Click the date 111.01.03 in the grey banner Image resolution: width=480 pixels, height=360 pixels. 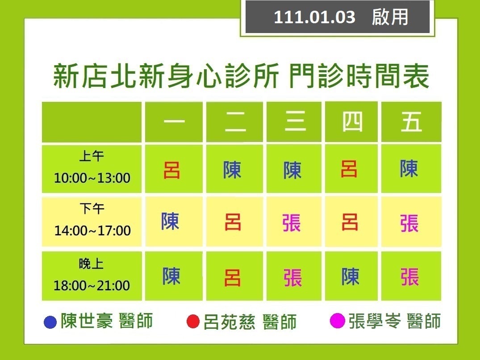[x=314, y=17]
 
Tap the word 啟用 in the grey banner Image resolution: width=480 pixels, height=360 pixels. [x=390, y=17]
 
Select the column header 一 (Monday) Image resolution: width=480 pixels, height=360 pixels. [x=174, y=121]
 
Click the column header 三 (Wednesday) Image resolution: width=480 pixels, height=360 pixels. [x=296, y=121]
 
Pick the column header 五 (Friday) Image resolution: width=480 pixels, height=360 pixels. [x=411, y=121]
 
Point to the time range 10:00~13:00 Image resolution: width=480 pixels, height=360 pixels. [x=92, y=178]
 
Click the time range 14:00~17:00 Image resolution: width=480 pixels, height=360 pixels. [x=92, y=230]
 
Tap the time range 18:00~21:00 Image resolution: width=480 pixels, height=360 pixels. [x=92, y=285]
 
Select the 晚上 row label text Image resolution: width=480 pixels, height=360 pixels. [x=91, y=264]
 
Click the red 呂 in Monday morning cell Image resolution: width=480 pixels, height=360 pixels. [x=172, y=170]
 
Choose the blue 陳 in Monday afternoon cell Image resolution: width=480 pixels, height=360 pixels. [x=170, y=221]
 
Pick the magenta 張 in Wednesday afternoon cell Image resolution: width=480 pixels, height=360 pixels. [x=292, y=223]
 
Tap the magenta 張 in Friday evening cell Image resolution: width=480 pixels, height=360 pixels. [x=409, y=277]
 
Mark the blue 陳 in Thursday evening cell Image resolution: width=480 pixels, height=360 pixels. [x=350, y=276]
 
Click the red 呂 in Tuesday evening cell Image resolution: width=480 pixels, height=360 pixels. [x=232, y=278]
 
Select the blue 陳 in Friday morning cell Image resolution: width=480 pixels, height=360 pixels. [x=409, y=168]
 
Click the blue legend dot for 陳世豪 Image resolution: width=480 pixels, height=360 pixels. [x=50, y=322]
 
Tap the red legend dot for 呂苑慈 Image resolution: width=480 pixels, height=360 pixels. [x=193, y=322]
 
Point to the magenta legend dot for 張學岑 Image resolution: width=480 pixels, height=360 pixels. [x=338, y=321]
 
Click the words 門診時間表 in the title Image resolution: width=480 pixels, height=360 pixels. [x=359, y=76]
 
